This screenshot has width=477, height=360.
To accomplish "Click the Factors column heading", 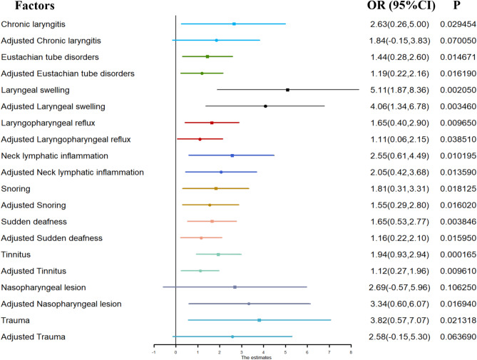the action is (35, 6).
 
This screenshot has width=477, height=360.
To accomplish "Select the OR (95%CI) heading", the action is (401, 6).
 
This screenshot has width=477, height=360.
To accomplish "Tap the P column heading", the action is (456, 5).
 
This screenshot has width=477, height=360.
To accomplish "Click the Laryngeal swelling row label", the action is (35, 91).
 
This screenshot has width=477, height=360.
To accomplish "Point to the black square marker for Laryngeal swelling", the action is (287, 90).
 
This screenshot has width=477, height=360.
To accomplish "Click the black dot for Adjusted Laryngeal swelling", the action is (265, 106).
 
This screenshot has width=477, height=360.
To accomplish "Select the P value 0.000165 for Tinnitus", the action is (458, 254).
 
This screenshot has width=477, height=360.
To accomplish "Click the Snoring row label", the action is (16, 189).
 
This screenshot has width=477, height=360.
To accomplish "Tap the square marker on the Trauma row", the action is (260, 320).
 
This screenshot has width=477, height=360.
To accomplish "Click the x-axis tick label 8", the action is (351, 352).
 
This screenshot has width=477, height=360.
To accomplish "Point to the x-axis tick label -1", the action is (153, 352).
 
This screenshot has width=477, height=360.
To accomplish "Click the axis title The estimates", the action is (256, 358).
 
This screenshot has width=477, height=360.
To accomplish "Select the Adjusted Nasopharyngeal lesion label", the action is (61, 304).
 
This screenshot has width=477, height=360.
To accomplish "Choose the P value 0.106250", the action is (458, 287).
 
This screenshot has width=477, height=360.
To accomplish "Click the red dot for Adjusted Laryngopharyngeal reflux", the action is (200, 139).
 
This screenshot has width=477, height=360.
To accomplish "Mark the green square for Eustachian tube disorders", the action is (207, 56).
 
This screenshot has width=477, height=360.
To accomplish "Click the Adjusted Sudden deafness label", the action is (52, 238).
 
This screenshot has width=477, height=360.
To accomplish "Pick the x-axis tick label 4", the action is (263, 352).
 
